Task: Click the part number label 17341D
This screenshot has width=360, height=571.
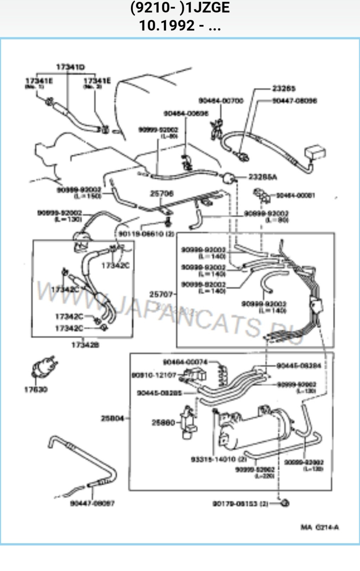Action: (x=71, y=67)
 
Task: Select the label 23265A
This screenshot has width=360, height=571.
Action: (x=263, y=177)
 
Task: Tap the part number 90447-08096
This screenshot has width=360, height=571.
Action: (x=294, y=101)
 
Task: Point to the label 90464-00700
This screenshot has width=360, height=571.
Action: (x=221, y=101)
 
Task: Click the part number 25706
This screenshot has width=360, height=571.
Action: (x=162, y=193)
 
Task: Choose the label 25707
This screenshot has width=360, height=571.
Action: (x=161, y=294)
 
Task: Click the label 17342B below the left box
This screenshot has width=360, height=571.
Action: (x=85, y=344)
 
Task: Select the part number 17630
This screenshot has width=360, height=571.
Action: (x=36, y=389)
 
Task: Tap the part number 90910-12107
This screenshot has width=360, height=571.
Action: (x=154, y=375)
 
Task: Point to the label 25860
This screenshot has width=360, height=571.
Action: (x=163, y=423)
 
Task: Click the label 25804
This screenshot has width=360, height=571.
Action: (x=112, y=418)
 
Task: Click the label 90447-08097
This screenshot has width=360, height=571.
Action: (x=92, y=503)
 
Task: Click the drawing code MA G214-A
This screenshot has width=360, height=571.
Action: (x=320, y=527)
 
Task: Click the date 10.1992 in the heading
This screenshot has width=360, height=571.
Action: (x=166, y=26)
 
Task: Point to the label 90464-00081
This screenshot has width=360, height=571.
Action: (x=295, y=195)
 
